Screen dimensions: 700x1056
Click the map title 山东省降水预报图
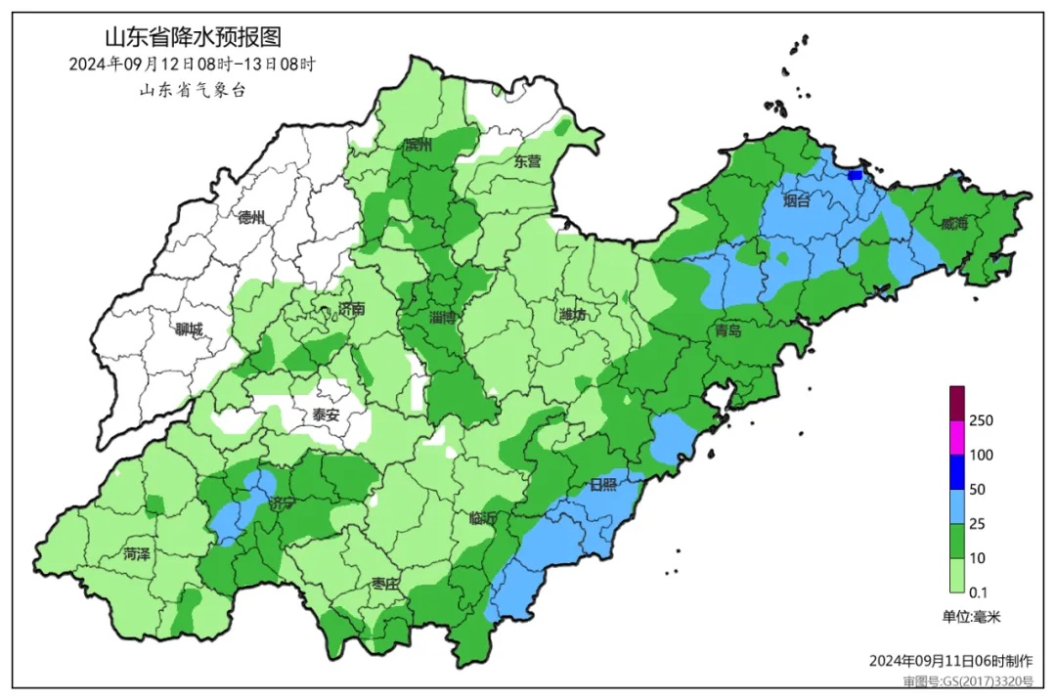[x=193, y=37]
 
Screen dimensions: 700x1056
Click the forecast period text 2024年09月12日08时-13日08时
[x=193, y=65]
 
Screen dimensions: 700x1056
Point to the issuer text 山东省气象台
[x=193, y=90]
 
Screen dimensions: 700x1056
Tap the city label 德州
[x=251, y=217]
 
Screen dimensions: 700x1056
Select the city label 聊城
[x=189, y=330]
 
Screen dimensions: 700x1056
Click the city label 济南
[x=350, y=309]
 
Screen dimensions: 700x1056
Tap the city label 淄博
[x=443, y=318]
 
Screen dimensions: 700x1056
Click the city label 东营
[x=527, y=162]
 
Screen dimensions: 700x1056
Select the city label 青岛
[x=726, y=330]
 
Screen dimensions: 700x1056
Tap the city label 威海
[x=953, y=224]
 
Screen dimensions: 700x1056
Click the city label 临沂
[x=483, y=518]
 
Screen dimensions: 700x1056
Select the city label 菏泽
[x=137, y=554]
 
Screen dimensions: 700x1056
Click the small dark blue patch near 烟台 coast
[x=856, y=175]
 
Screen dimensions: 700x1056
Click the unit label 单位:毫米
[x=971, y=617]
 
